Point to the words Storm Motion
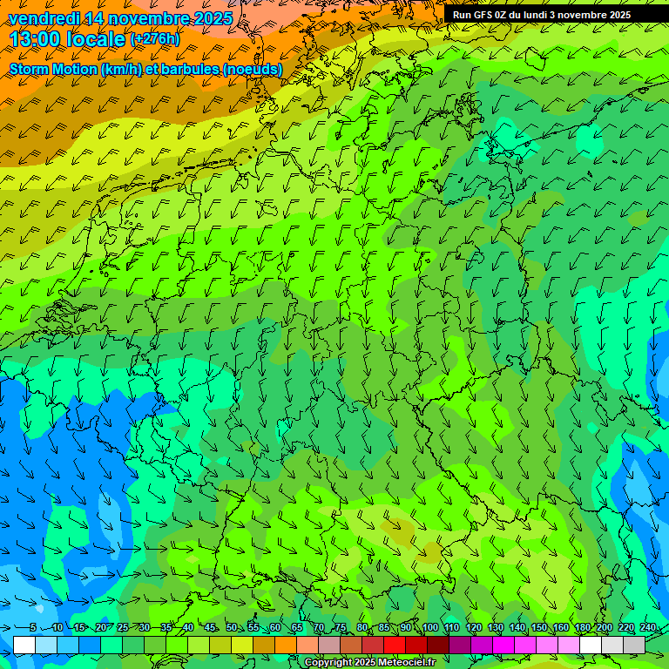[x=53, y=69]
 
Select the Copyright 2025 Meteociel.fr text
[x=369, y=663]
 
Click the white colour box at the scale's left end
[x=24, y=645]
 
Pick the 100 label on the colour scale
[x=429, y=627]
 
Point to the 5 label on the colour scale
[x=33, y=627]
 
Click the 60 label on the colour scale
[x=274, y=627]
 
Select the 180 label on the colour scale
[x=582, y=627]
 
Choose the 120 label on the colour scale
[x=473, y=627]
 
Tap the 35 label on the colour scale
[x=166, y=627]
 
